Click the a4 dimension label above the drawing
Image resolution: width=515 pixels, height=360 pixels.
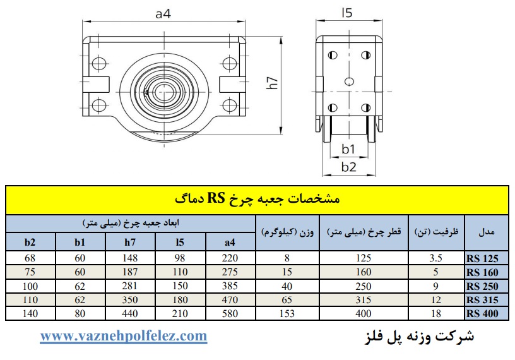[x=163, y=14]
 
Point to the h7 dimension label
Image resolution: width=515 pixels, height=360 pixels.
[x=273, y=83]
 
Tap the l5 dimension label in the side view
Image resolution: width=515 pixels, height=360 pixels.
[x=347, y=13]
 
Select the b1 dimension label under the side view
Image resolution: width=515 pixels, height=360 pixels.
[x=348, y=149]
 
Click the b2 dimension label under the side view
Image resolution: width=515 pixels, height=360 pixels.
[x=349, y=167]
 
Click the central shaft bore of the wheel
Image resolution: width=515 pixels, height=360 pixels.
[x=163, y=92]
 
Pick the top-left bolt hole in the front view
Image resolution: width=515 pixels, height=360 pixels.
[x=98, y=63]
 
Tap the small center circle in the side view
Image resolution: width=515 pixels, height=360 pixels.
[x=349, y=81]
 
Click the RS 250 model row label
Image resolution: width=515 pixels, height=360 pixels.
[x=482, y=286]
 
